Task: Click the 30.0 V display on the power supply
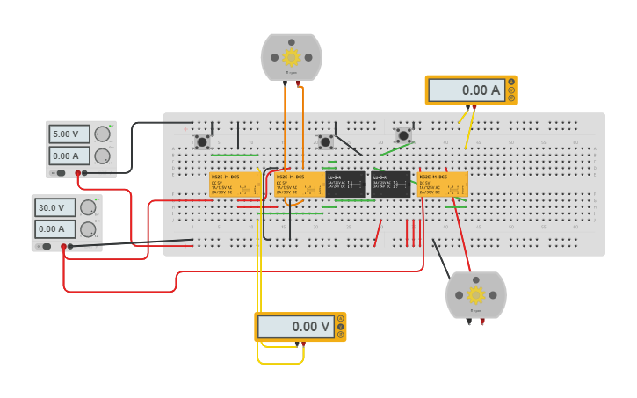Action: pos(53,208)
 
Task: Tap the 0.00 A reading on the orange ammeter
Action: pos(466,90)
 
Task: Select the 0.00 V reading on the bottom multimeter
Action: pos(295,327)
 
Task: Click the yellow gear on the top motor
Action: pos(291,57)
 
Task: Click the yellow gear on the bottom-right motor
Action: pos(475,294)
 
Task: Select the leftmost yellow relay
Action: pos(235,185)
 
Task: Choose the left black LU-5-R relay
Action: pos(345,185)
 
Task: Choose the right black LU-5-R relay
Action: pos(390,185)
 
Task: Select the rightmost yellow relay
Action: pos(442,185)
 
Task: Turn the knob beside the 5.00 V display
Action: pos(102,134)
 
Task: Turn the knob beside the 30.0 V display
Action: pos(88,208)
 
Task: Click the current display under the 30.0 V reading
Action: pos(53,229)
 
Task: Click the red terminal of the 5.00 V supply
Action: pos(78,173)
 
